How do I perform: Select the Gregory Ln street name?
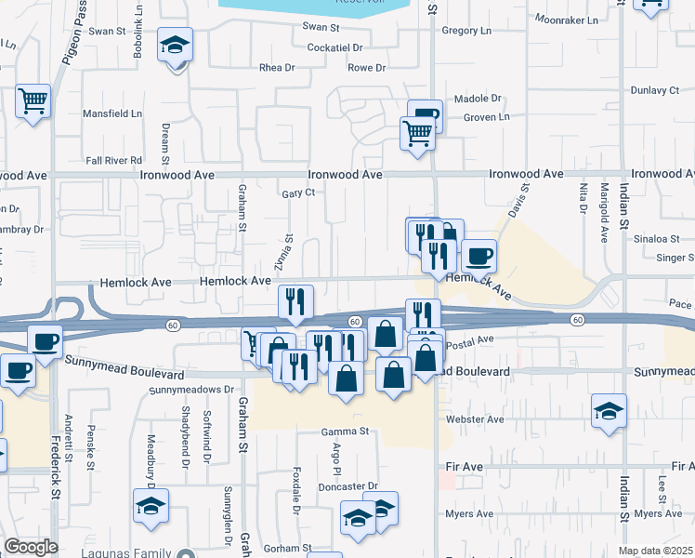(466, 31)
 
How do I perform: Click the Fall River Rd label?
(113, 161)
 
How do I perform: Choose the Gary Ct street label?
(299, 193)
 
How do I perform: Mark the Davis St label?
(518, 200)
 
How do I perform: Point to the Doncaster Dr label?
(347, 486)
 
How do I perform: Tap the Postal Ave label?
(470, 340)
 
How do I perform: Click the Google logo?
(31, 547)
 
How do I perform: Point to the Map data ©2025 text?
(655, 551)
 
